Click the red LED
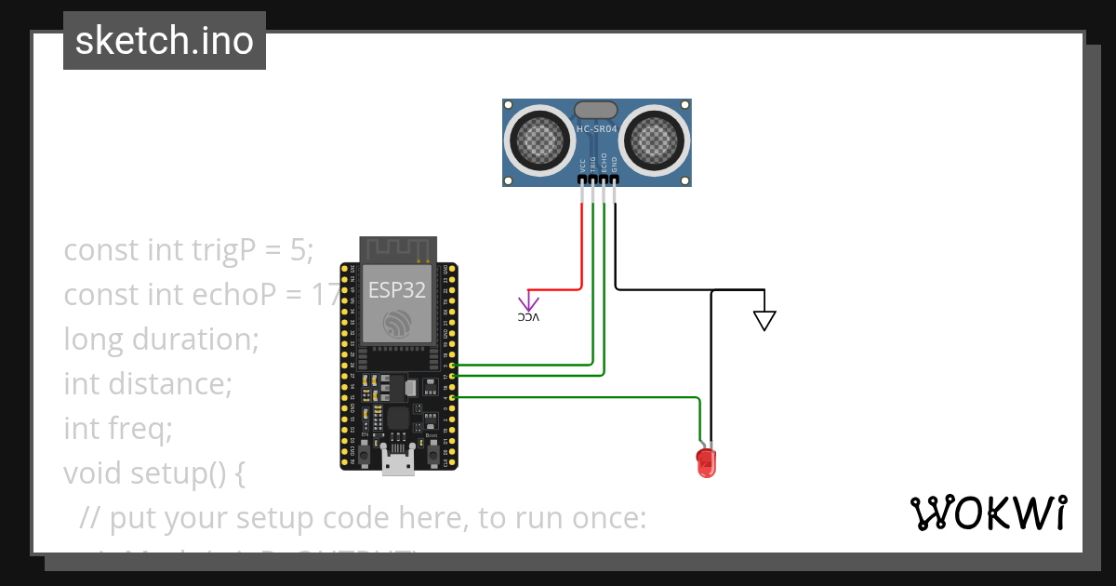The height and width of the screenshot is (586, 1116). coord(706,462)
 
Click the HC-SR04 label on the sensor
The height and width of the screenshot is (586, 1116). coord(596,129)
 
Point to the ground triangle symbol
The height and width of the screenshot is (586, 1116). coord(764,320)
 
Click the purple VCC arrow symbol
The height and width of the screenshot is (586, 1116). coord(528,301)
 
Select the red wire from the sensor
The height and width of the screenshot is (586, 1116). coord(582,251)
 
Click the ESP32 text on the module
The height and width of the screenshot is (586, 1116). coord(397,289)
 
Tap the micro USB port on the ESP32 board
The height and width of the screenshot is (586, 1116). coord(398,462)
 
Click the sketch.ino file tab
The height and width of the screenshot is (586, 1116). coord(165,41)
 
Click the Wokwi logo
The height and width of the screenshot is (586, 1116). coord(988,513)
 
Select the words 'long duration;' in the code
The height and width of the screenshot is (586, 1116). coord(161,340)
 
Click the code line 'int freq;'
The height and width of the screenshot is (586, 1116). coord(118,429)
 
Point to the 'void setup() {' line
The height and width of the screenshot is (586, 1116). coord(154,473)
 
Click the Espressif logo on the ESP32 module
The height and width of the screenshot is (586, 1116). coord(398,323)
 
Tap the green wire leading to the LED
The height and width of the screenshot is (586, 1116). coord(577,397)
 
